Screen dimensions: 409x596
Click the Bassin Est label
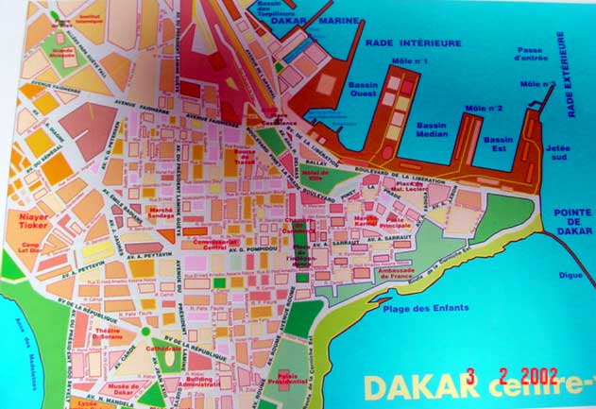point(498,145)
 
